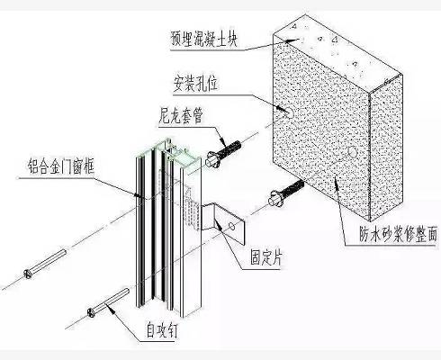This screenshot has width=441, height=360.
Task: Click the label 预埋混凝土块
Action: point(203,39)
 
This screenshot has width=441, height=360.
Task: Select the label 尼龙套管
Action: point(181,115)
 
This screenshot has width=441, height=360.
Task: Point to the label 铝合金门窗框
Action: point(61,166)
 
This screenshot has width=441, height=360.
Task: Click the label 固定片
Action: point(266,257)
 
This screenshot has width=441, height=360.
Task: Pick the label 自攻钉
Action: point(162,330)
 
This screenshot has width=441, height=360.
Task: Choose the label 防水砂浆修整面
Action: point(398,234)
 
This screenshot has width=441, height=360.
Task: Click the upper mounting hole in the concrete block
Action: point(289,112)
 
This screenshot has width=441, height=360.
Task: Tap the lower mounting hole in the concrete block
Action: point(352,152)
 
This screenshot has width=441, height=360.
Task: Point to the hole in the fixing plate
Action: point(231,226)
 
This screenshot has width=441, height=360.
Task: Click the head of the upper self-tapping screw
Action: point(28,274)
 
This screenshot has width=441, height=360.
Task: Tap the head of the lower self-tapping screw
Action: point(91,312)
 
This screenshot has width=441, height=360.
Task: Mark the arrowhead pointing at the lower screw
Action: point(112,310)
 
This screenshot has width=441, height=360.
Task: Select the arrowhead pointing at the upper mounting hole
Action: point(281,109)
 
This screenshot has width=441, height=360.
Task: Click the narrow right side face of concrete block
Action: point(386,147)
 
